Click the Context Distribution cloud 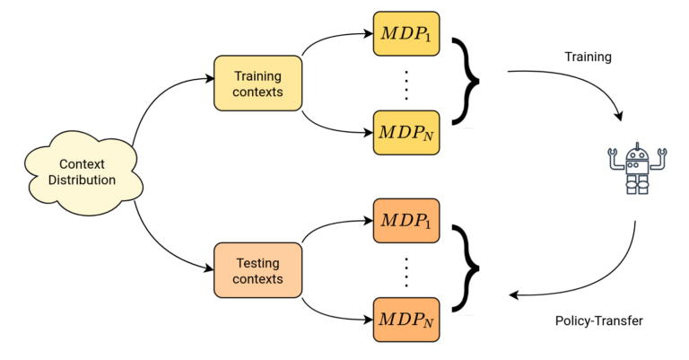(83, 172)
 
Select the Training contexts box (258, 83)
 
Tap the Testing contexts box (258, 270)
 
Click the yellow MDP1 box (406, 34)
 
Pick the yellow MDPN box (406, 133)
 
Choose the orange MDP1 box (406, 221)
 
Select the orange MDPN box (406, 320)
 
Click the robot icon (637, 169)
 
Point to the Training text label (588, 57)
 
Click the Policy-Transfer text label (599, 320)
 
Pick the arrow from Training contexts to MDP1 (330, 37)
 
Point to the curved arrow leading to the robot (581, 81)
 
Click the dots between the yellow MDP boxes (406, 84)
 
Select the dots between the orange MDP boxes (406, 272)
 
